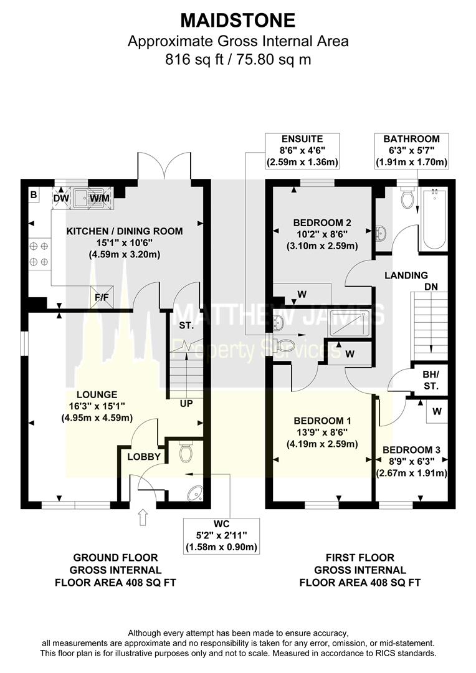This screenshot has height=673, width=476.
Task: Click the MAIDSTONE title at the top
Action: point(238,20)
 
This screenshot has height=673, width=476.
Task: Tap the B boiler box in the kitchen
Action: point(32,194)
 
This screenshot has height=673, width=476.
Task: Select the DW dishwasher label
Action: point(61,199)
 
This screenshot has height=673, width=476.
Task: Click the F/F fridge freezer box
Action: point(101,297)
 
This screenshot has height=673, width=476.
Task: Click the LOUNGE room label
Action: point(97,394)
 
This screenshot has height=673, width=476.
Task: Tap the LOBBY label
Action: point(144,457)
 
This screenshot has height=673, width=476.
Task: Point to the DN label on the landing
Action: point(432,288)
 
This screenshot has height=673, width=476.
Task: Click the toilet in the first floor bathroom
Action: point(409,198)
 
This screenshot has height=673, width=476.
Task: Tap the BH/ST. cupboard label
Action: point(431,381)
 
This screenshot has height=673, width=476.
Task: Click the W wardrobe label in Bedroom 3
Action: point(437,411)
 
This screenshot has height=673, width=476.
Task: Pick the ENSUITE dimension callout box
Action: point(302,151)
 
